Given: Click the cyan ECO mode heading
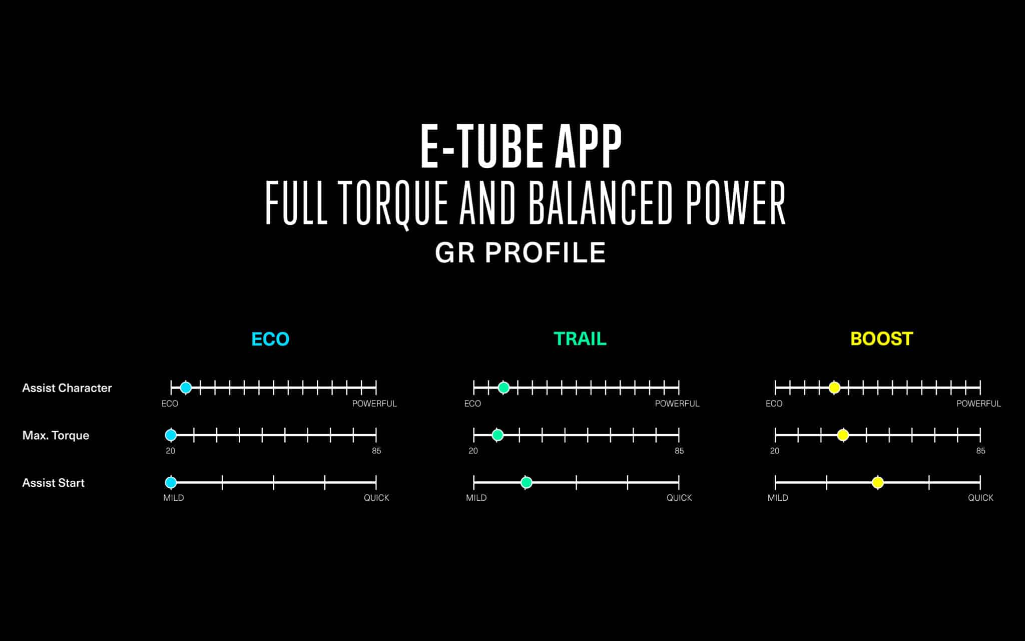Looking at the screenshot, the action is (x=270, y=339).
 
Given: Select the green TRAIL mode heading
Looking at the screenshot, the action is (x=580, y=339).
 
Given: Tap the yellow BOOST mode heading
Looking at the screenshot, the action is (x=882, y=339).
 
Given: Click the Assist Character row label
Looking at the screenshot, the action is (x=67, y=388).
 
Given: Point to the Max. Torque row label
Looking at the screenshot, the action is (x=56, y=435).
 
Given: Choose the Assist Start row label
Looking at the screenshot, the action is (x=53, y=483).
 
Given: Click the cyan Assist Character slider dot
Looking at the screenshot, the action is (x=186, y=387).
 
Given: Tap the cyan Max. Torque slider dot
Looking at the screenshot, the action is (x=171, y=435).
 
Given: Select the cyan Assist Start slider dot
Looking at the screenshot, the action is (x=171, y=482).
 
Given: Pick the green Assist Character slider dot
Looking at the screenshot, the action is (x=504, y=387).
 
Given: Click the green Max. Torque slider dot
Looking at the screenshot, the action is (x=497, y=435).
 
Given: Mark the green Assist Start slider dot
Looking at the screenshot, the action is (x=526, y=482).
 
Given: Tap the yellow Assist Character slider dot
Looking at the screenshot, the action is (x=834, y=387).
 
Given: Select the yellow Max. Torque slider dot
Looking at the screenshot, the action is (x=843, y=435).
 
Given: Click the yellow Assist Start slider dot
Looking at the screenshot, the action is (x=878, y=482).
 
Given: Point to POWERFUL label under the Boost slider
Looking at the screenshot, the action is (x=978, y=404).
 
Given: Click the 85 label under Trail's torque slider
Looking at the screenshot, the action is (x=679, y=451).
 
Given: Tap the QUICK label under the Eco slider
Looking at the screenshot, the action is (x=376, y=498).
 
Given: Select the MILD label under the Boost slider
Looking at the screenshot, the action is (x=778, y=498).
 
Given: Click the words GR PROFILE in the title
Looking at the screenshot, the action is (x=521, y=252).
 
